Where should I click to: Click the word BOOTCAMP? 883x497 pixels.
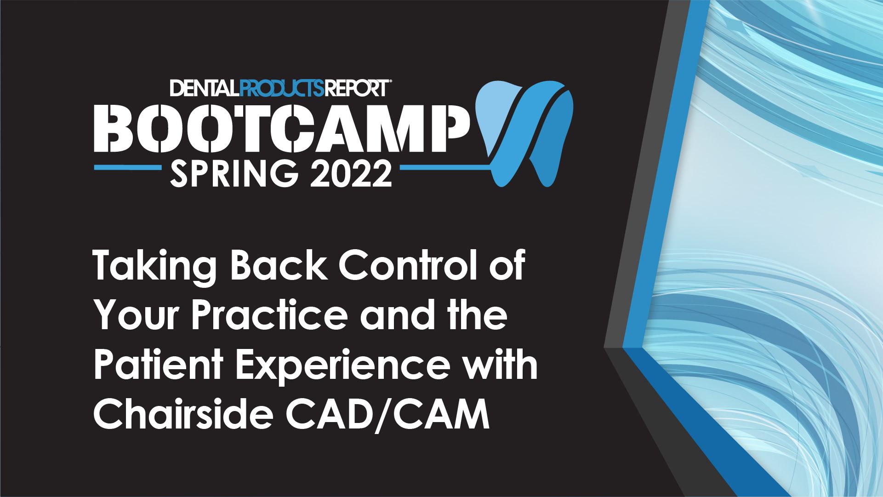280,129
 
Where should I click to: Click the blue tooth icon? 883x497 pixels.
524,133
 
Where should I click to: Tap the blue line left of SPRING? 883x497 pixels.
127,168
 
